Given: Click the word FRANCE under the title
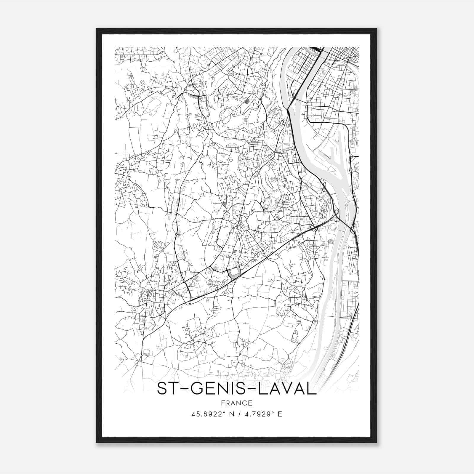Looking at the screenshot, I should [x=236, y=403].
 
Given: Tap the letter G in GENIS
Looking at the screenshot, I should [x=196, y=388].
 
